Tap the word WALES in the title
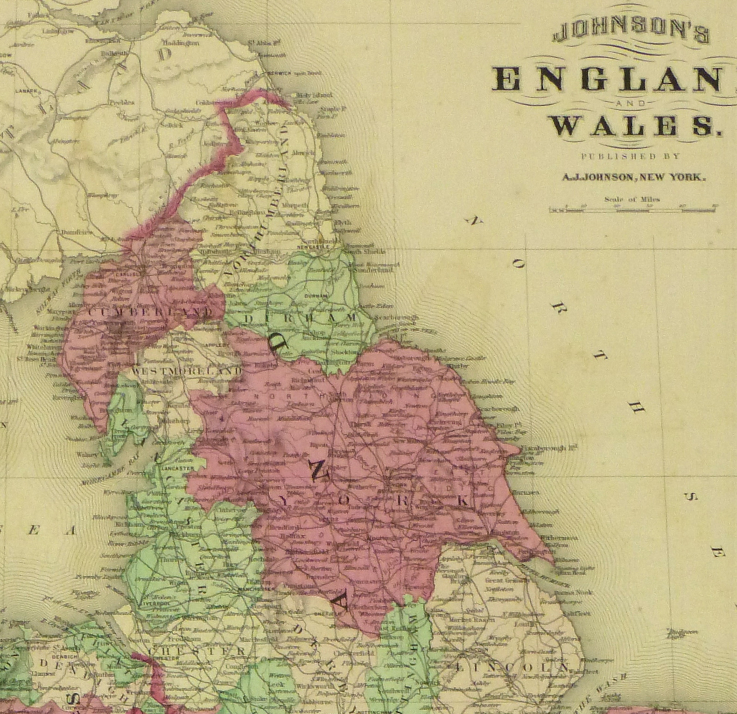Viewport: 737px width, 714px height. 634,126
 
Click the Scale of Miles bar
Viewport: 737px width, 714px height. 633,210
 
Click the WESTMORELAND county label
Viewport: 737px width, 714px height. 186,372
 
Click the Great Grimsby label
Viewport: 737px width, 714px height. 504,581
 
